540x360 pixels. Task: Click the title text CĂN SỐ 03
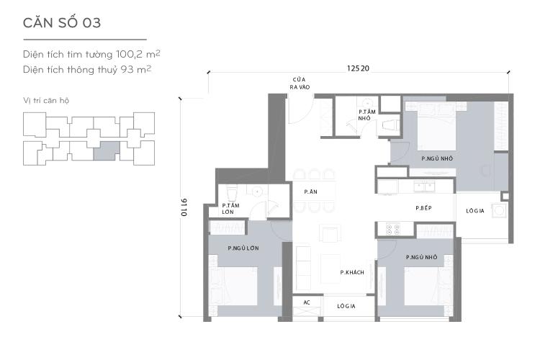62,22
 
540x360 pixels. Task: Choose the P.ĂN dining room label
310,192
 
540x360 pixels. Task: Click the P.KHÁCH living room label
352,272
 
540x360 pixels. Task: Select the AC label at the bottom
306,302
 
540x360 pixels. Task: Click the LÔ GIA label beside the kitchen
474,211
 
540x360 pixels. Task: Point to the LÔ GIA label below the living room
349,305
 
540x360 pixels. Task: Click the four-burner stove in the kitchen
394,230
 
